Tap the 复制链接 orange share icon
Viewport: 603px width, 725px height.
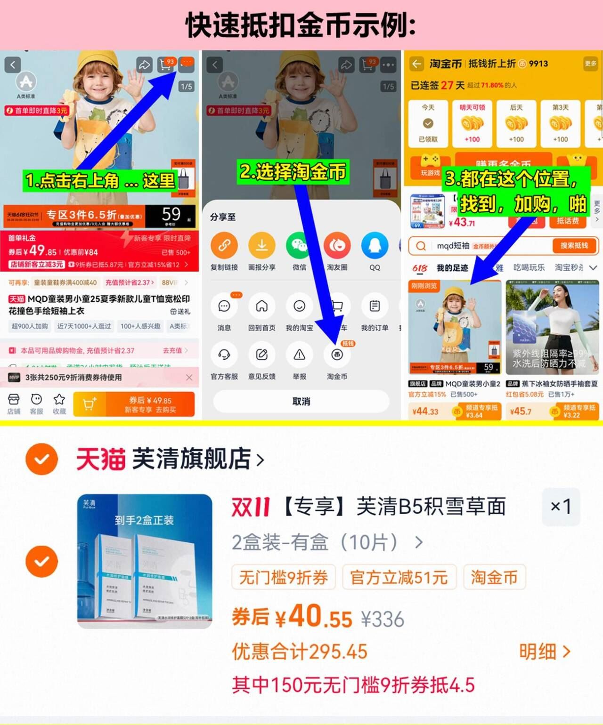click(224, 246)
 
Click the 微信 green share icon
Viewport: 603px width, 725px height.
click(299, 246)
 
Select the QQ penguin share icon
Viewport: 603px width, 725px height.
click(375, 246)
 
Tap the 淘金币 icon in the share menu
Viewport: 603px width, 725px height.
click(337, 355)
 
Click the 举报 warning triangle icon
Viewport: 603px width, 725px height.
click(299, 355)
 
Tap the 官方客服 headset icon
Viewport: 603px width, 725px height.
click(224, 355)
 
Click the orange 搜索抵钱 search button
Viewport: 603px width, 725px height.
click(574, 246)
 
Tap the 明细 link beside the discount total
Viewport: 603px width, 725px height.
click(545, 652)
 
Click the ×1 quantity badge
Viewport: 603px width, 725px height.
click(561, 507)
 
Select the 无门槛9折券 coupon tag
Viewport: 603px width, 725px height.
click(284, 577)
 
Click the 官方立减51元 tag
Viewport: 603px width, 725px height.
click(399, 577)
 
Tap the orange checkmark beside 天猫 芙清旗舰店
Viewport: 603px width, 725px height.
click(42, 459)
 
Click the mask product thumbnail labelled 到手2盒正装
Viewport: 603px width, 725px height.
click(145, 561)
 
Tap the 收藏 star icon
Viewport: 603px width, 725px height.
click(59, 400)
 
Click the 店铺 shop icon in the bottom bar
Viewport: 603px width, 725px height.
click(14, 400)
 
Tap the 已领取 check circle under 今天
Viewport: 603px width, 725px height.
click(428, 124)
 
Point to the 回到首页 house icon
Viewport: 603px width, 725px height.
click(261, 306)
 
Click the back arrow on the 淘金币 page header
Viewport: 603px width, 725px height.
click(416, 64)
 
